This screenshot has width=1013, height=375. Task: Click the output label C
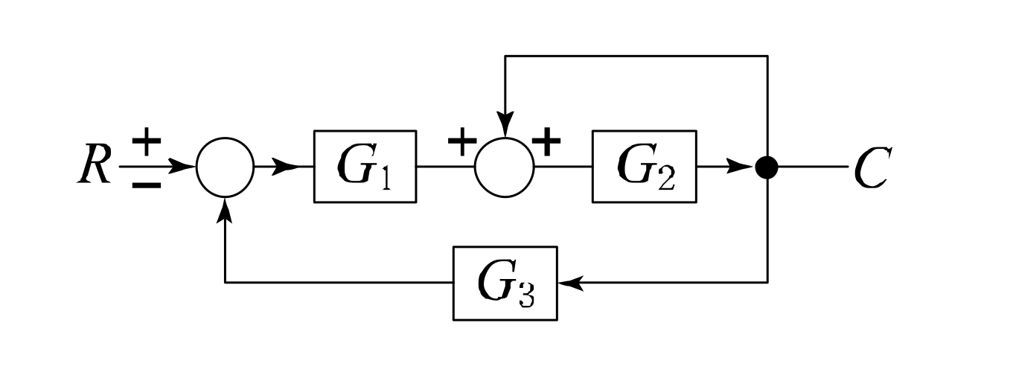pyautogui.click(x=870, y=167)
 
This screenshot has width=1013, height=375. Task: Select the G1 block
pyautogui.click(x=364, y=167)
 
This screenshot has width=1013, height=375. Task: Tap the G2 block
pyautogui.click(x=644, y=167)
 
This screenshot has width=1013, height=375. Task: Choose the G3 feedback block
pyautogui.click(x=505, y=283)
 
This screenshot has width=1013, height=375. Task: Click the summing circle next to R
pyautogui.click(x=225, y=167)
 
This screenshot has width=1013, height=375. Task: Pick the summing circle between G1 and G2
pyautogui.click(x=504, y=167)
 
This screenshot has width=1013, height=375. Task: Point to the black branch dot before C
pyautogui.click(x=767, y=167)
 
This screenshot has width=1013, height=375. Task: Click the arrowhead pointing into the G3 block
pyautogui.click(x=570, y=283)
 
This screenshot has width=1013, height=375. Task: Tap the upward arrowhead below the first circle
pyautogui.click(x=225, y=212)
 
